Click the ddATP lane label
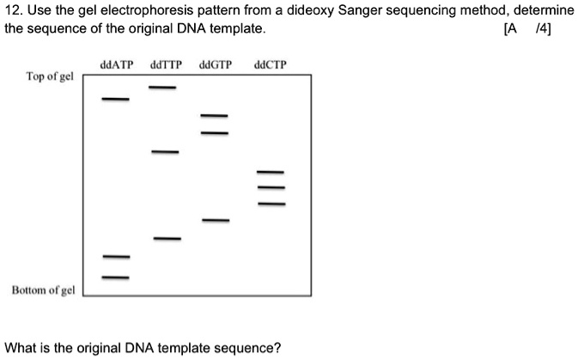click(116, 64)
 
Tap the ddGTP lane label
click(216, 64)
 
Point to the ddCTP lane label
click(271, 64)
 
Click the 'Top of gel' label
click(50, 76)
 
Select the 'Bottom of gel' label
click(43, 290)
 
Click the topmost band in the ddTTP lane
click(162, 88)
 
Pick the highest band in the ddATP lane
click(116, 100)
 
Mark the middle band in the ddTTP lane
click(166, 152)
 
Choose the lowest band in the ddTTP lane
click(168, 237)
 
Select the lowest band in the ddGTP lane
click(216, 221)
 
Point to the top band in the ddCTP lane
click(271, 173)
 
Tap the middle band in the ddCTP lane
click(271, 188)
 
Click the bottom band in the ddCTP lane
click(271, 204)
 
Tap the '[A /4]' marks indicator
click(533, 28)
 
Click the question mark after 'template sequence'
click(277, 348)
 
